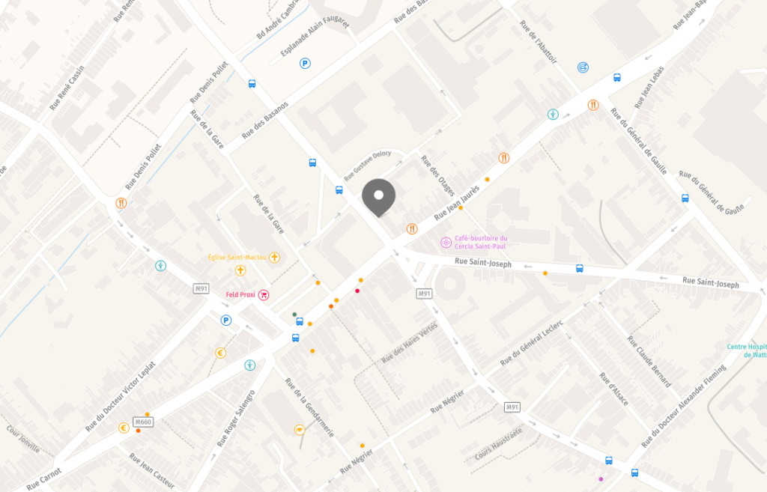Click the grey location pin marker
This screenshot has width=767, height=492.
pyautogui.click(x=378, y=197)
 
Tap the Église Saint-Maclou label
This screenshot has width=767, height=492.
pyautogui.click(x=237, y=257)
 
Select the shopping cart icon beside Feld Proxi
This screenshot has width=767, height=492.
pyautogui.click(x=264, y=295)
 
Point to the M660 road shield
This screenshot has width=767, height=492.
pyautogui.click(x=143, y=422)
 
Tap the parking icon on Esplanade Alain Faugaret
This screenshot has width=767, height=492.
pyautogui.click(x=305, y=64)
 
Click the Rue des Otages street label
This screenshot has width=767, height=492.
pyautogui.click(x=437, y=175)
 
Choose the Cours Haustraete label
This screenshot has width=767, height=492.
pyautogui.click(x=498, y=446)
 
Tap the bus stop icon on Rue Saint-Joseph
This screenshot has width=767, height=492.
pyautogui.click(x=579, y=268)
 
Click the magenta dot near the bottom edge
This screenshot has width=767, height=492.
pyautogui.click(x=600, y=479)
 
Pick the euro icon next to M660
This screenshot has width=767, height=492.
pyautogui.click(x=123, y=428)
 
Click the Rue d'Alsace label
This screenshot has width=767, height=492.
pyautogui.click(x=613, y=389)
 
